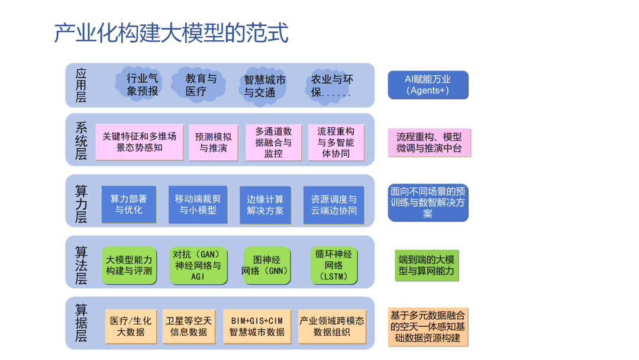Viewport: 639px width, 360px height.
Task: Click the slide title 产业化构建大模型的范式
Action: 171,33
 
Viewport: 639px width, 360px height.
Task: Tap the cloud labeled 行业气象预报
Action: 143,85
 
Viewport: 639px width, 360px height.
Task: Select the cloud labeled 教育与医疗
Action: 201,85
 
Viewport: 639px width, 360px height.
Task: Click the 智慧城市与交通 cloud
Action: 264,86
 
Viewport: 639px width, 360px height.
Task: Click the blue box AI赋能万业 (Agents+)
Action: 428,85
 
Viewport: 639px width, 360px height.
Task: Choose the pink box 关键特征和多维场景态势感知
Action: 140,142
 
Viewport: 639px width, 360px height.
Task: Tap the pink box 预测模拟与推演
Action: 214,142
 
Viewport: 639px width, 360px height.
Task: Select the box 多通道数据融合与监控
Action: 273,142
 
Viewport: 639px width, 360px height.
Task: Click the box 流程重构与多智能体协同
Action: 336,142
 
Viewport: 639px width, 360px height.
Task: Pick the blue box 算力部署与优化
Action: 129,204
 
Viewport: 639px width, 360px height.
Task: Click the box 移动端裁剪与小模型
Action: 198,204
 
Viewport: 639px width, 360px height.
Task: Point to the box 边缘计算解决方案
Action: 265,205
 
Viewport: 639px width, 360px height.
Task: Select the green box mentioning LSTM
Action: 334,265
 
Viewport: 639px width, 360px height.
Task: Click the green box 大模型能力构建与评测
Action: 129,265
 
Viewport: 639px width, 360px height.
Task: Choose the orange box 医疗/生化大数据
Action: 131,326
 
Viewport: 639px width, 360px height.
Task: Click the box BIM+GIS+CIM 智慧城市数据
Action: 257,326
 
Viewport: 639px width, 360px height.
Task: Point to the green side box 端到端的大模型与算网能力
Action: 427,266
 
